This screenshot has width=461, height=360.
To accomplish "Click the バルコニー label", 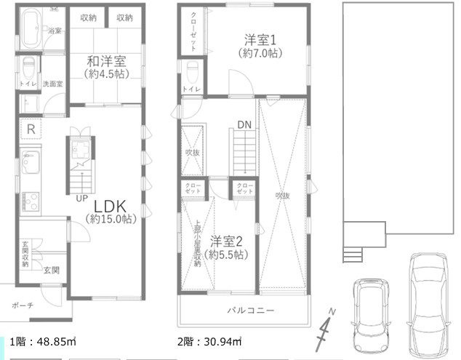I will click(x=250, y=311).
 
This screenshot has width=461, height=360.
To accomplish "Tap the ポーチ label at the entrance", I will click(x=23, y=305).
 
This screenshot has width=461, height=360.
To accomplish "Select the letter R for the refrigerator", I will click(x=31, y=130).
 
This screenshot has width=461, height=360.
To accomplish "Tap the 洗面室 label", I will click(x=52, y=84).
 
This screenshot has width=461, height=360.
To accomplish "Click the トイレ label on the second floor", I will click(x=191, y=89).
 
